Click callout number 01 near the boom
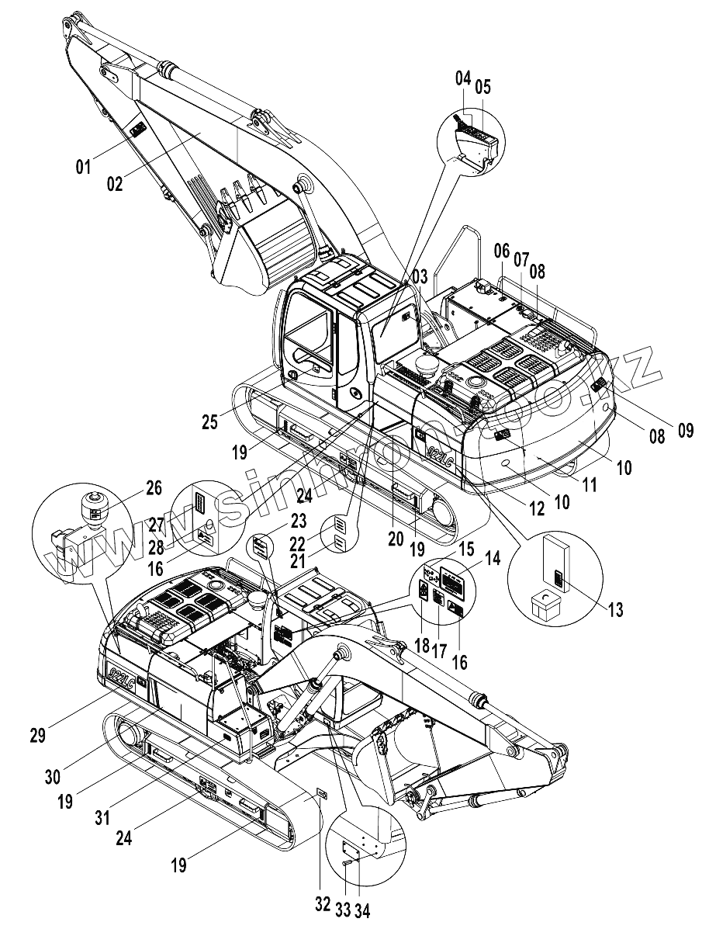coord(83,165)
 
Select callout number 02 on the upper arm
coord(115,184)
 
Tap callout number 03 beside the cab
coord(420,276)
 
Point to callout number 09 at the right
coord(685,428)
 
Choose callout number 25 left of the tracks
coord(209,422)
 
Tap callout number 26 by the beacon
coord(154,488)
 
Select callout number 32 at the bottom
coord(323,905)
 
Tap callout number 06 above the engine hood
coord(501,251)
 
